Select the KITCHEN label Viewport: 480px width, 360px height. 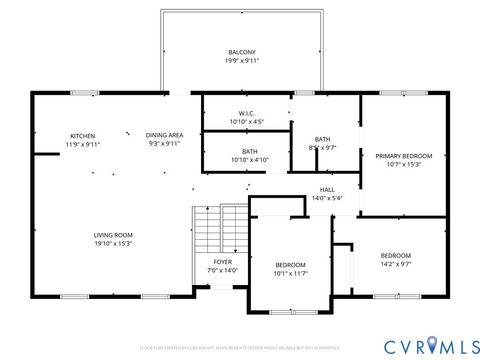[x=83, y=135]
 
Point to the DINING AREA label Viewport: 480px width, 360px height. [x=164, y=135]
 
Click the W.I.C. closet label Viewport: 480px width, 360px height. [x=246, y=113]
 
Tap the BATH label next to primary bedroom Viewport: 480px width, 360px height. [x=323, y=139]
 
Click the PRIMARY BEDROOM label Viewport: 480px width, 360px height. [x=403, y=156]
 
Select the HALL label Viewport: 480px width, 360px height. [x=327, y=189]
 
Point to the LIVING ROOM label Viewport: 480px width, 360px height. [x=113, y=235]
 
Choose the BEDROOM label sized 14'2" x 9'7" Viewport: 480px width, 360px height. [x=396, y=256]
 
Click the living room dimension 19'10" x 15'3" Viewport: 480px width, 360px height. [x=113, y=244]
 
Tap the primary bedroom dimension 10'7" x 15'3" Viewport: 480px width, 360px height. [x=403, y=165]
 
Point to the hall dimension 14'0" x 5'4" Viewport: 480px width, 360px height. [x=327, y=198]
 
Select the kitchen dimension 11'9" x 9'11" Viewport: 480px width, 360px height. [x=83, y=144]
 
